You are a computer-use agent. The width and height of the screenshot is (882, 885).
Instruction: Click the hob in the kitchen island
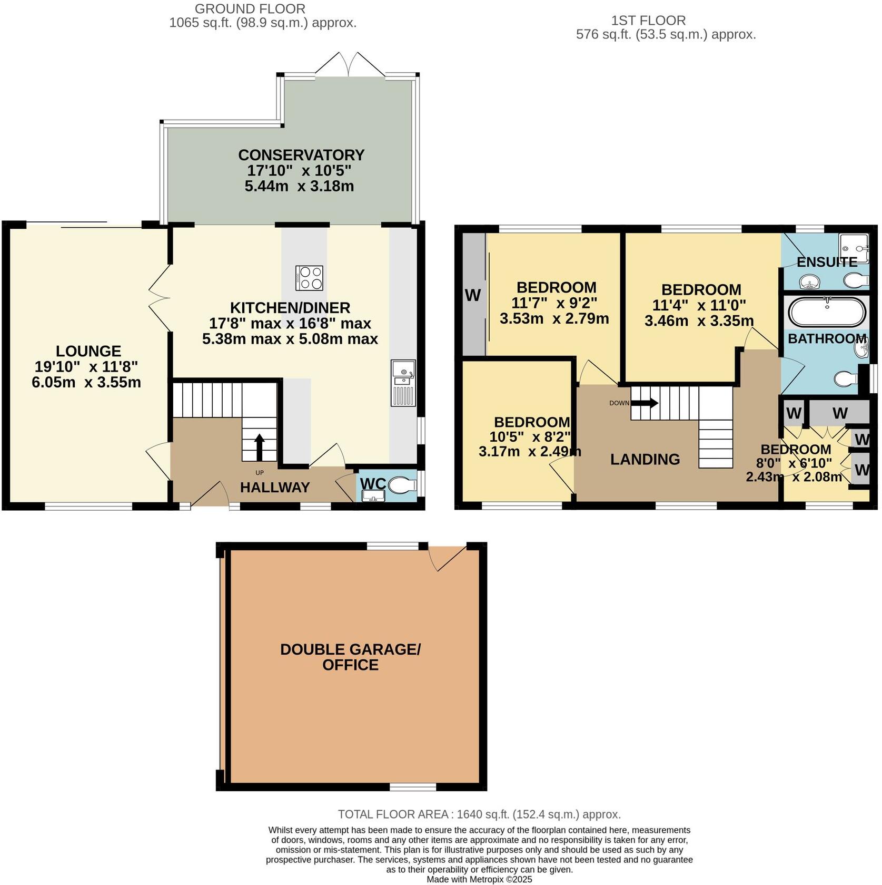click(309, 278)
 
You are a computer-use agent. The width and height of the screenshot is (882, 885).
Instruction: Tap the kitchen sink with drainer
click(403, 383)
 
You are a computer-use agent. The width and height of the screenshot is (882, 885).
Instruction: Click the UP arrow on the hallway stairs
click(260, 447)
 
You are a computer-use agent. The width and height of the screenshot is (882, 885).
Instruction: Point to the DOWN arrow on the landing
click(645, 403)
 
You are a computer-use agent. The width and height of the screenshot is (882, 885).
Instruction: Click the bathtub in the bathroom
click(826, 313)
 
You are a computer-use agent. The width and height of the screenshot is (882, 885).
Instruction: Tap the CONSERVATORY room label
click(301, 155)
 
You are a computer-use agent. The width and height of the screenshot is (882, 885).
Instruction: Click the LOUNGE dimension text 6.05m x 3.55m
click(86, 382)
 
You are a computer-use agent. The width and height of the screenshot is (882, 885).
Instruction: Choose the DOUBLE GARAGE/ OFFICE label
click(350, 657)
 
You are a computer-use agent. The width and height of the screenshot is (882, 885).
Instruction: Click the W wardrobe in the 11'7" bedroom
click(473, 295)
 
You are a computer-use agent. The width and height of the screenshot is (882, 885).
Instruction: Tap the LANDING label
click(645, 459)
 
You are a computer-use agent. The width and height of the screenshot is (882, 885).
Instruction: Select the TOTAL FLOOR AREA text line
click(479, 814)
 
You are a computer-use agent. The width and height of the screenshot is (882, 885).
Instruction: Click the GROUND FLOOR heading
click(250, 9)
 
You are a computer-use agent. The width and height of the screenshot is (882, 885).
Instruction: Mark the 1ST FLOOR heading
click(648, 21)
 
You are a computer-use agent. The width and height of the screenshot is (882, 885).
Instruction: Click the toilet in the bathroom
click(845, 378)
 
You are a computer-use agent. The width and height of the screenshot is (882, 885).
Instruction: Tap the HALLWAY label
click(275, 487)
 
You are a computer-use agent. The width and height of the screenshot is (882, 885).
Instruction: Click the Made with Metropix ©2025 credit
click(479, 879)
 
